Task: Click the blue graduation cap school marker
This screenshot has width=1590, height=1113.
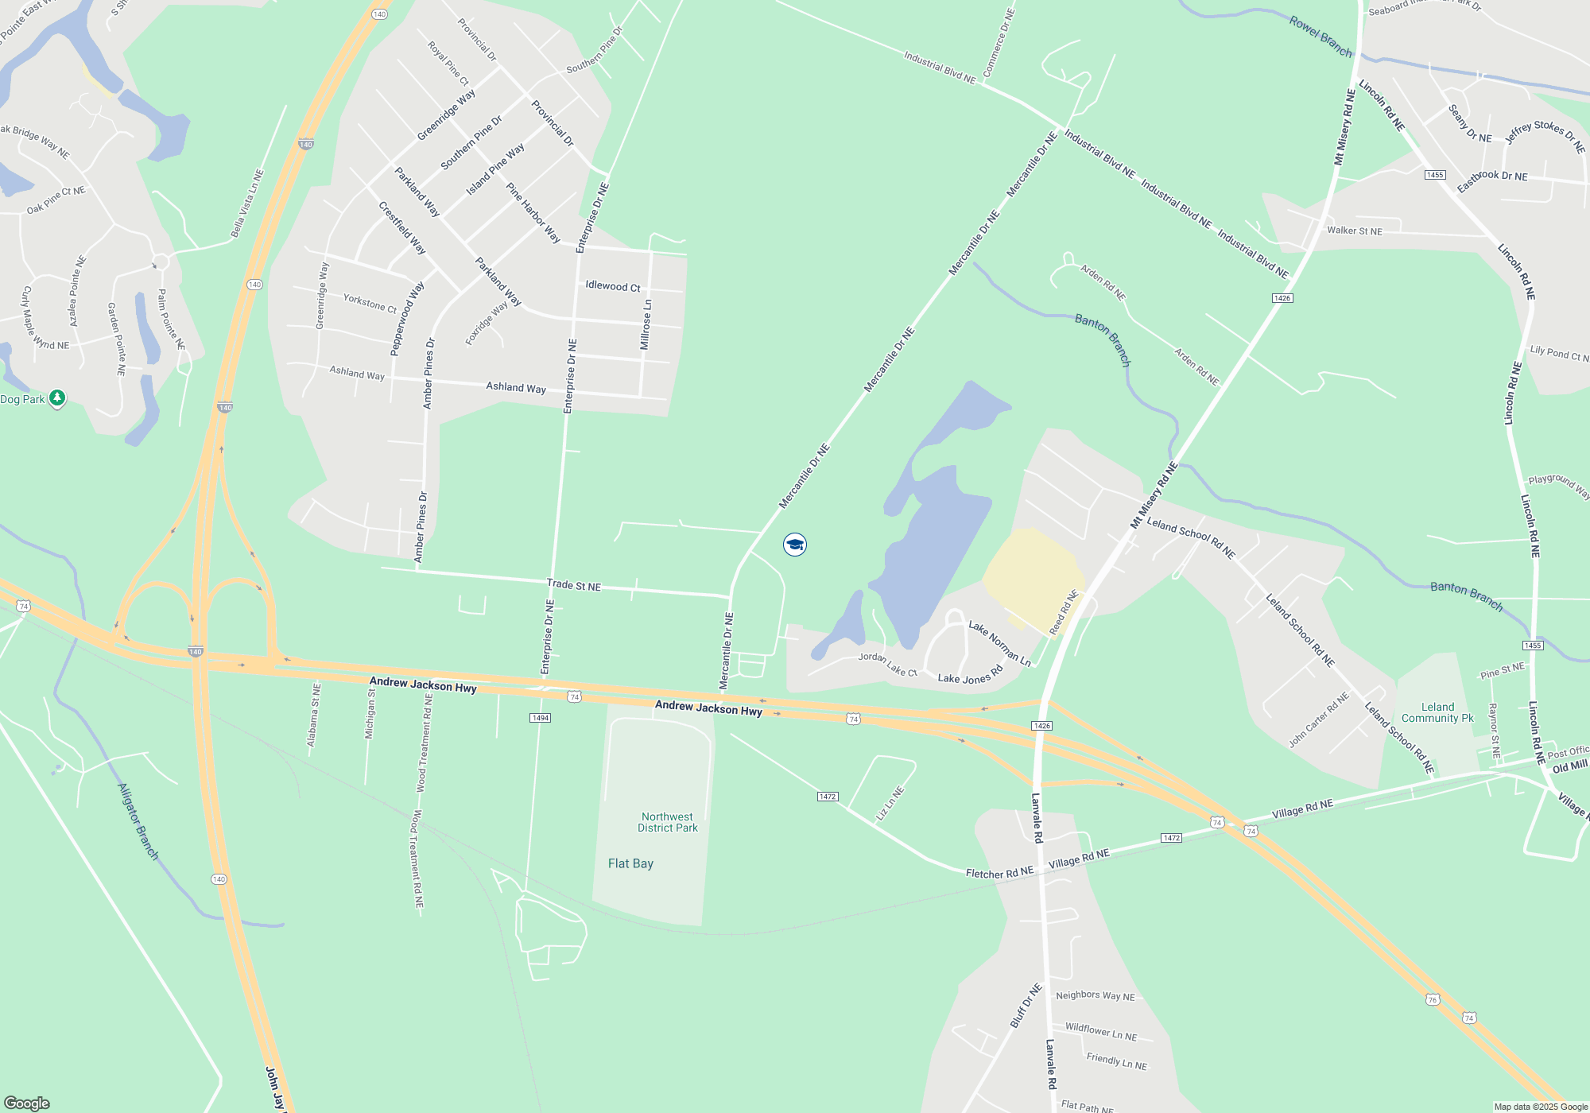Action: coord(794,545)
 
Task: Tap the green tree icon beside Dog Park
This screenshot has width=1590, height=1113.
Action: coord(56,397)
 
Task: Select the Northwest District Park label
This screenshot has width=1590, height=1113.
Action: coord(668,822)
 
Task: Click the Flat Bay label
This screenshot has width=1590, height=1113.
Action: coord(630,863)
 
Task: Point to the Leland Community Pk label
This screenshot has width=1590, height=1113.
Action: coord(1437,712)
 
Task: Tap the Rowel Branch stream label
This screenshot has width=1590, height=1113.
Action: coord(1320,37)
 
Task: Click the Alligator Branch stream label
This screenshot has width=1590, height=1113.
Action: coord(138,821)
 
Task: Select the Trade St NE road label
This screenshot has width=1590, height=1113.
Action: coord(574,585)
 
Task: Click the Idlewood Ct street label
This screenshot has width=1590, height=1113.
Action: coord(613,286)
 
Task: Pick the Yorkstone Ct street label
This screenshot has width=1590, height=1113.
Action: coord(370,303)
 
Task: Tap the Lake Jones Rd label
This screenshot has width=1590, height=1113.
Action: coord(970,675)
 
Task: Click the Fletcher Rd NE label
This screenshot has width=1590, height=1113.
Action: coord(999,872)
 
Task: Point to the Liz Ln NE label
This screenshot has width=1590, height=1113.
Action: coord(890,803)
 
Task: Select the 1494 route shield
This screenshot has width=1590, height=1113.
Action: coord(540,718)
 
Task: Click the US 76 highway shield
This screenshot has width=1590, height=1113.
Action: coord(1433,999)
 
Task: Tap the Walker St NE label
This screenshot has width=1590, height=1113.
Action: coord(1355,231)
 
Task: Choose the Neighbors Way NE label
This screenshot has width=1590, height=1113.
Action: coord(1096,995)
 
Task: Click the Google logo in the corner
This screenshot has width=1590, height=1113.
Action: coord(27,1103)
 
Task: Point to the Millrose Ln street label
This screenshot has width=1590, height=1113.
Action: coord(646,324)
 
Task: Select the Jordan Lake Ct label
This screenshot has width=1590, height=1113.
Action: coord(888,665)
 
